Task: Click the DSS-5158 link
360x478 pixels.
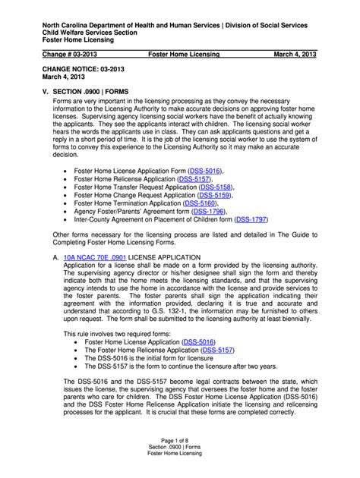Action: point(215,186)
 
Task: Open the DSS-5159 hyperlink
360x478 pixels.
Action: point(213,195)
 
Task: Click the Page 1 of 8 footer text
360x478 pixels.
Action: point(180,442)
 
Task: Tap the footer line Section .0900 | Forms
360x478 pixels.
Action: point(180,450)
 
